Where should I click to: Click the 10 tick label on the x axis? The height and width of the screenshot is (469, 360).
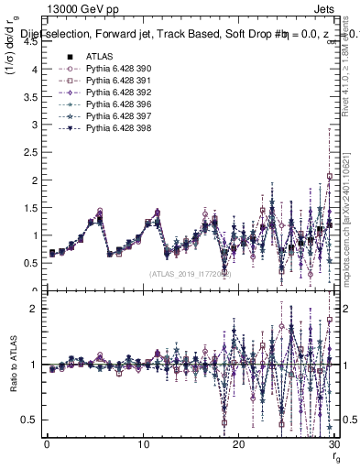coord(143,444)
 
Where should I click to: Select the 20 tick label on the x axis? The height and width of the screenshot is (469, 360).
coord(239,444)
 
